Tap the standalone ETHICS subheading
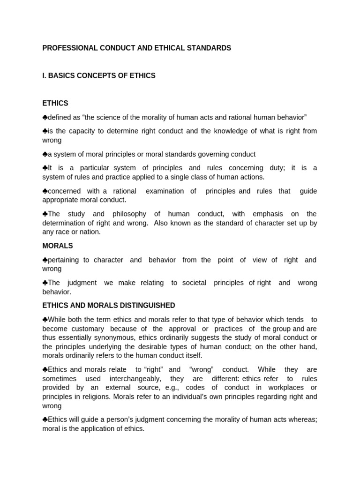(x=55, y=103)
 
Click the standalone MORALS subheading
(x=58, y=246)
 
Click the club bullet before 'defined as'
(x=45, y=117)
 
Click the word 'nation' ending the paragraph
(x=91, y=232)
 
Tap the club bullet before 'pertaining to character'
(x=45, y=260)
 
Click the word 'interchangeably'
(x=138, y=379)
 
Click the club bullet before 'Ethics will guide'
(x=45, y=420)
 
